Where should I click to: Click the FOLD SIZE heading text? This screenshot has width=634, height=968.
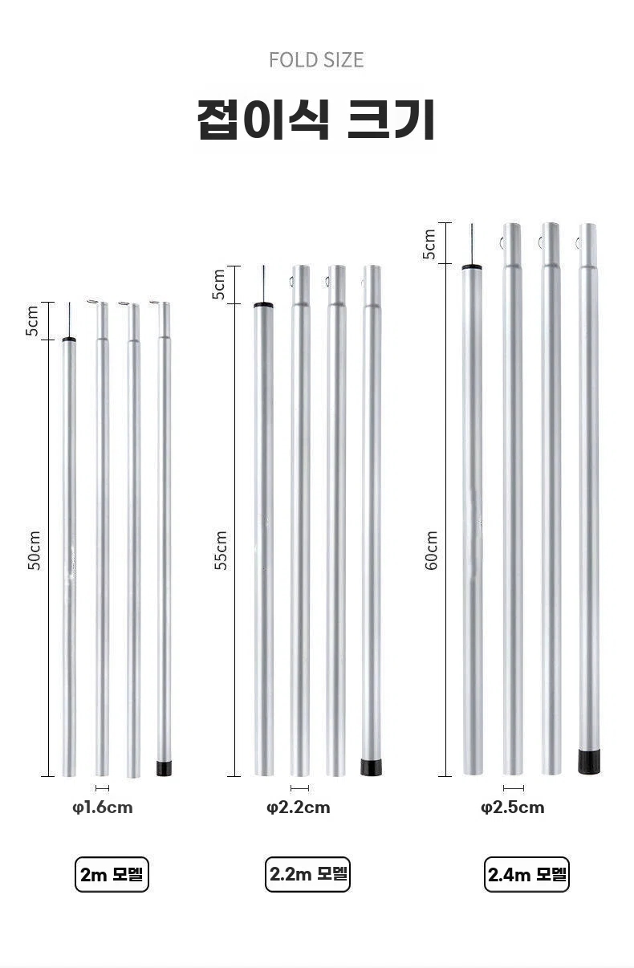point(316,60)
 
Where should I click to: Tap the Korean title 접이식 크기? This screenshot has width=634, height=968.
point(316,120)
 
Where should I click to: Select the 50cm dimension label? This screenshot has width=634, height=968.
point(34,550)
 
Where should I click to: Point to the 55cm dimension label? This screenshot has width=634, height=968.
point(221,550)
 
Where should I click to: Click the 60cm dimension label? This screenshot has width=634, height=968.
point(431,550)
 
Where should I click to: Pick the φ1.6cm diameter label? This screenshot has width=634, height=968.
point(103,807)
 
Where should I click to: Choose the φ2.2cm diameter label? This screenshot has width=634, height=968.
point(299,807)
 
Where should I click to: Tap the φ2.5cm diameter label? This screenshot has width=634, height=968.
point(513,807)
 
